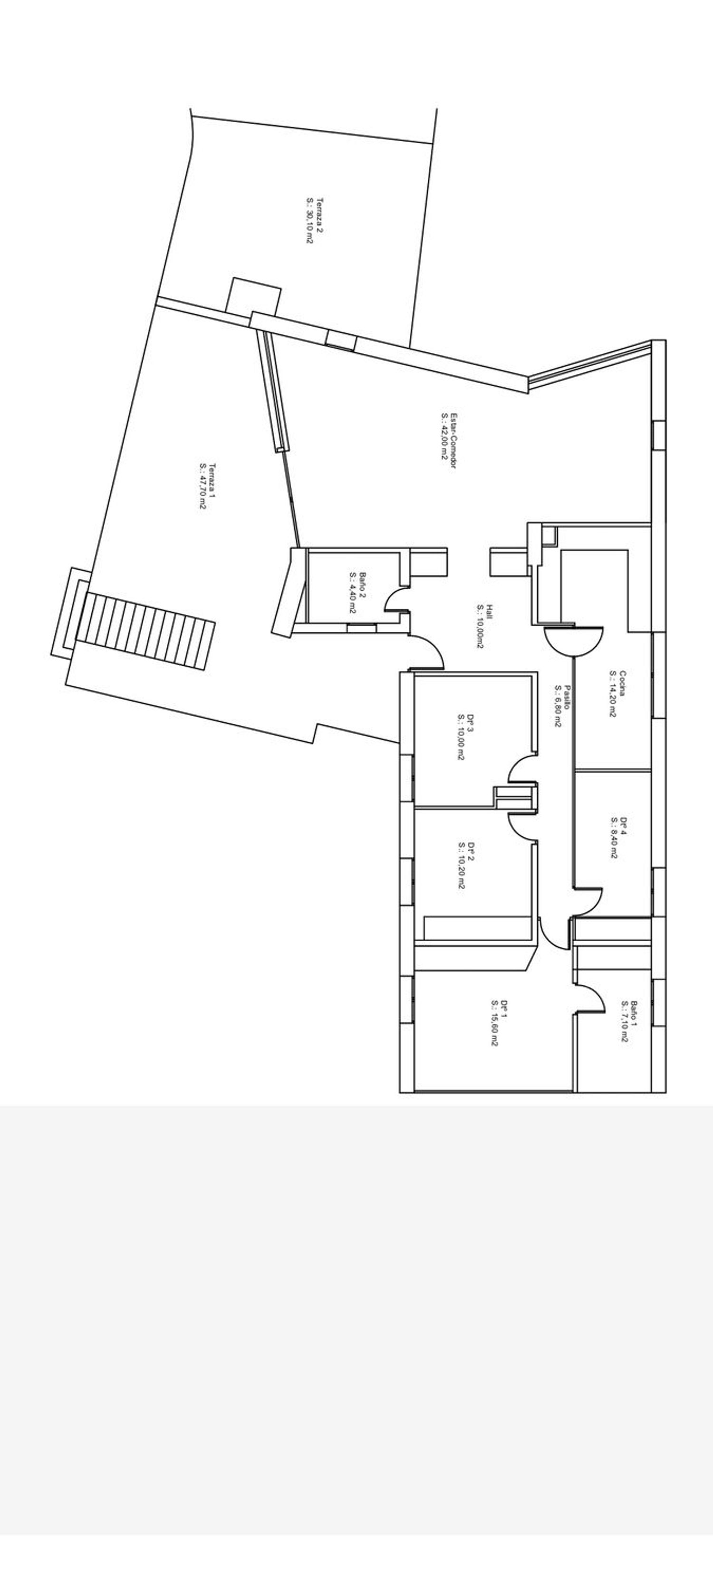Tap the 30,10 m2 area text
[310, 220]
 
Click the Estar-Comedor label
[454, 440]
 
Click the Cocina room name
[623, 682]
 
